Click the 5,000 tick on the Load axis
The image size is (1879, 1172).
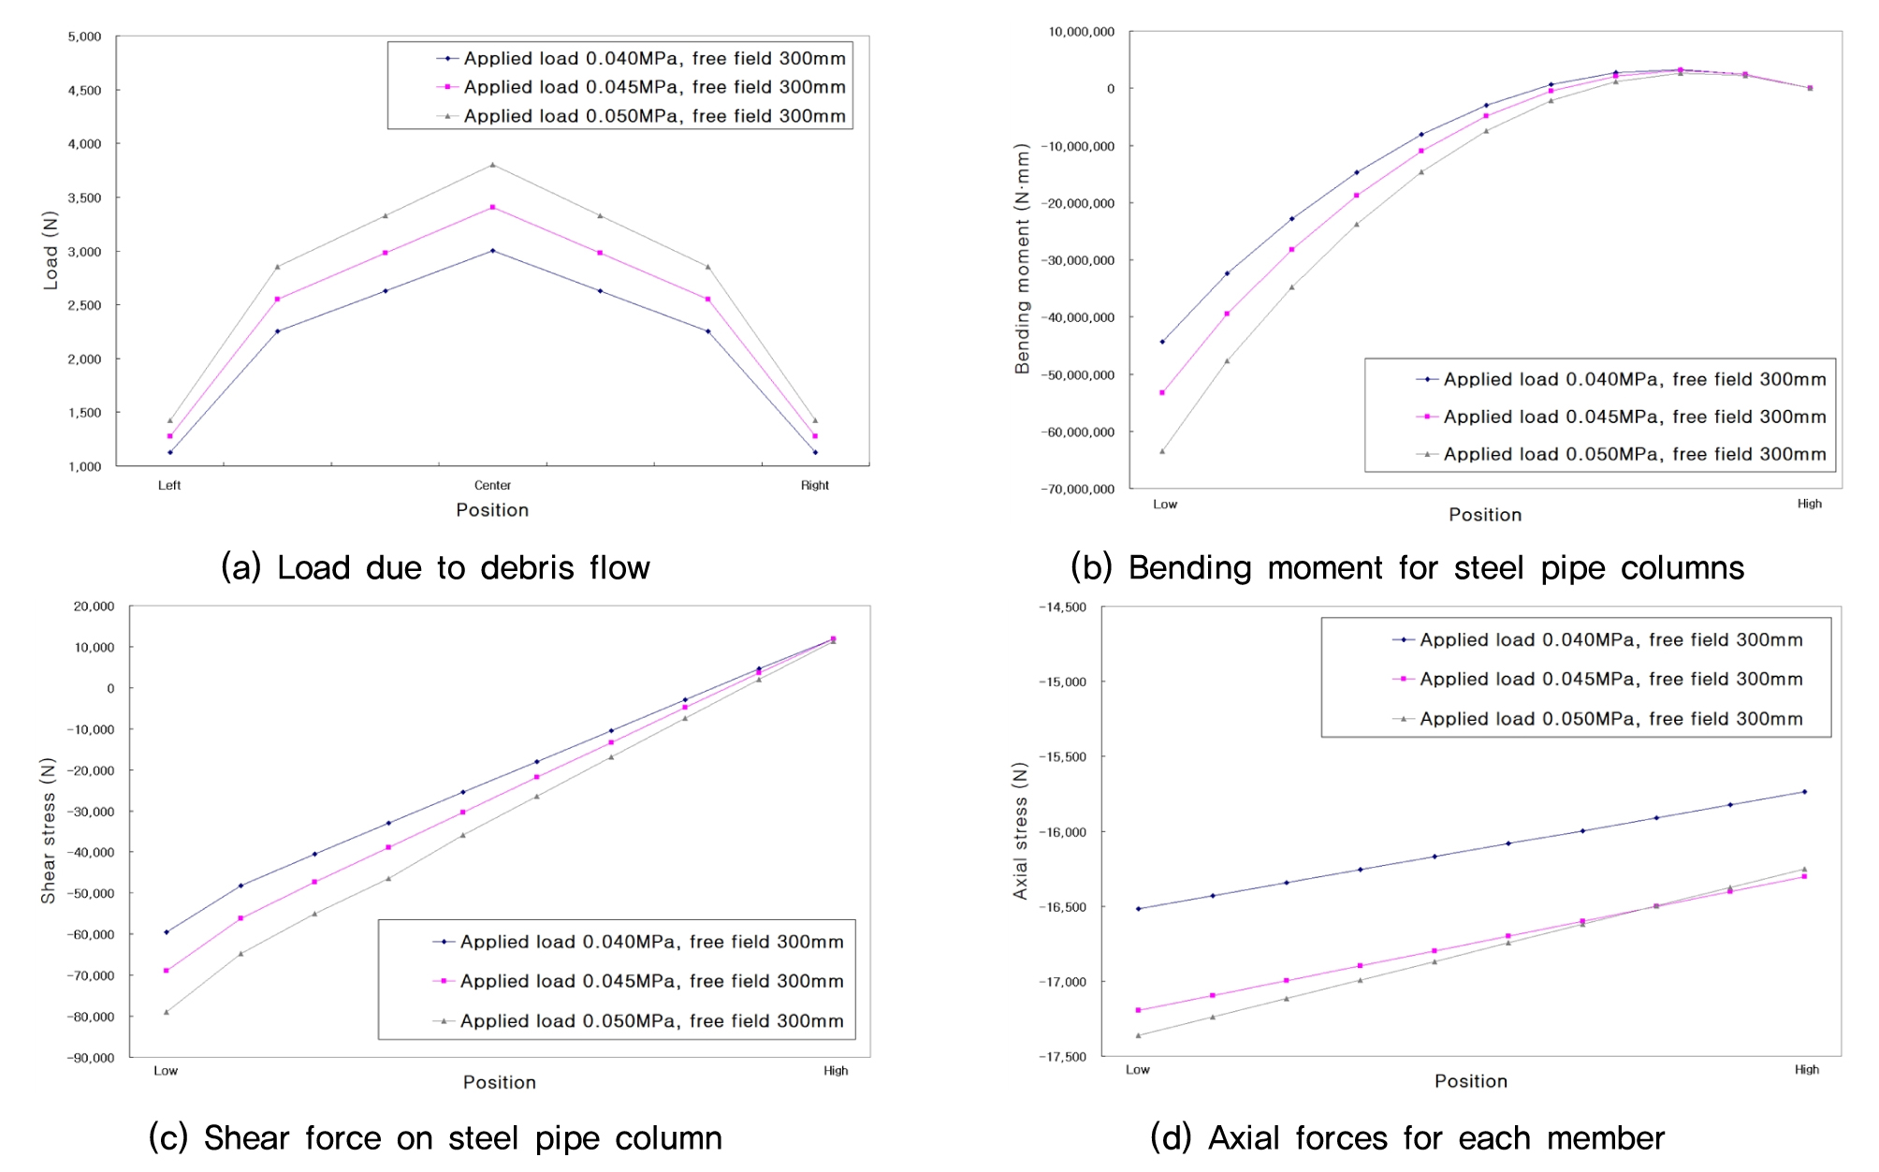coord(84,37)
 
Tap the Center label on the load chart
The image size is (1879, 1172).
coord(492,485)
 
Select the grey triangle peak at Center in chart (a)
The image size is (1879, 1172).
coord(493,165)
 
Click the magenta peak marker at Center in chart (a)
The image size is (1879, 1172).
coord(493,207)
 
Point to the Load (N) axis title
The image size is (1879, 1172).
coord(51,250)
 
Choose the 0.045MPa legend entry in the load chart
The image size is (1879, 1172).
coord(654,87)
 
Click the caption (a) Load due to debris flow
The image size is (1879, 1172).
coord(435,568)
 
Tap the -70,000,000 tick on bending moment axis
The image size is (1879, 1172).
coord(1077,490)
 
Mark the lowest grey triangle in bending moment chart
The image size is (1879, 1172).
coord(1162,451)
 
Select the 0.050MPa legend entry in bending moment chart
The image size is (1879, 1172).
coord(1634,454)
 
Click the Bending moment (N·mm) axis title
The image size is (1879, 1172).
coord(1022,258)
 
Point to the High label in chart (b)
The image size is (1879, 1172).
coord(1809,504)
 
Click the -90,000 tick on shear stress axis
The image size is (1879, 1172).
coord(91,1058)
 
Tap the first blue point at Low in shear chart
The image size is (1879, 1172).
coord(167,932)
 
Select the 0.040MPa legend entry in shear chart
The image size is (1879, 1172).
coord(651,942)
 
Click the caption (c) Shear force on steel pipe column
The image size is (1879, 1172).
coord(435,1138)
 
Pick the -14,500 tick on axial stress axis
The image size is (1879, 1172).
coord(1062,608)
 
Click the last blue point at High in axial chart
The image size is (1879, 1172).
coord(1804,792)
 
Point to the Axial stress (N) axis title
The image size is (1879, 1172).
coord(1020,830)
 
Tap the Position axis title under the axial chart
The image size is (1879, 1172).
coord(1470,1081)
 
